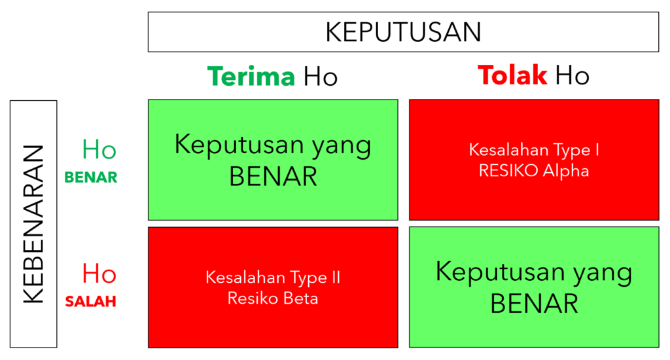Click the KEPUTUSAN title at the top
(x=403, y=32)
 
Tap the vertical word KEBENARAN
(x=34, y=225)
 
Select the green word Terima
(x=251, y=76)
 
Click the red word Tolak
(x=512, y=75)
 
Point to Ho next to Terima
(x=321, y=77)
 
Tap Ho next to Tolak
(x=572, y=76)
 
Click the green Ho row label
(x=99, y=150)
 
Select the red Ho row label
(x=99, y=274)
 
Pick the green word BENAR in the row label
(x=90, y=177)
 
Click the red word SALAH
(x=90, y=302)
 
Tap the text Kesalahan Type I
(x=534, y=150)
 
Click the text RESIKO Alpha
(x=534, y=171)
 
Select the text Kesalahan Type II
(x=273, y=278)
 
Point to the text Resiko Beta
(x=273, y=298)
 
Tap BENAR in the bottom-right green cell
(x=534, y=304)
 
